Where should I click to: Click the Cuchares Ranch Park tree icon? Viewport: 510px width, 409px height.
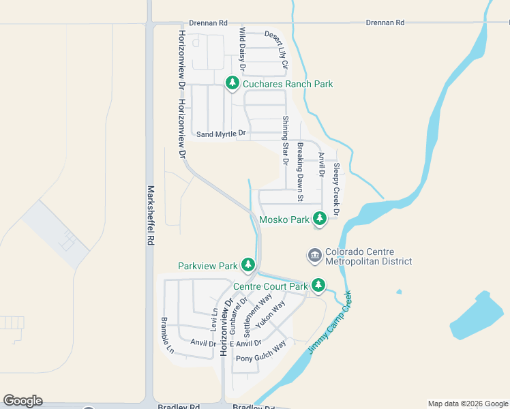232,83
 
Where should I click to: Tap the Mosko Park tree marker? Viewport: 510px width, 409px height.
319,219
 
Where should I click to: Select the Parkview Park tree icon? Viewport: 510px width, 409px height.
249,264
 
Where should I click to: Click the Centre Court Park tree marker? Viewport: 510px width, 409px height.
318,285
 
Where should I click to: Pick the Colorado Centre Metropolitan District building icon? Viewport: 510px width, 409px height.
314,256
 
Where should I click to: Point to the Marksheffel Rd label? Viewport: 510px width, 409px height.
151,216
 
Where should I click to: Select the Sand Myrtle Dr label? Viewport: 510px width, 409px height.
221,134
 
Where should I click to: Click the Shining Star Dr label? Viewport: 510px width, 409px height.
286,141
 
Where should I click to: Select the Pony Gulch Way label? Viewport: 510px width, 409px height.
261,353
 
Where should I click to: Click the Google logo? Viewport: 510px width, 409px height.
22,401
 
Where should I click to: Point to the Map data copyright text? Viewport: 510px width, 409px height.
467,404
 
